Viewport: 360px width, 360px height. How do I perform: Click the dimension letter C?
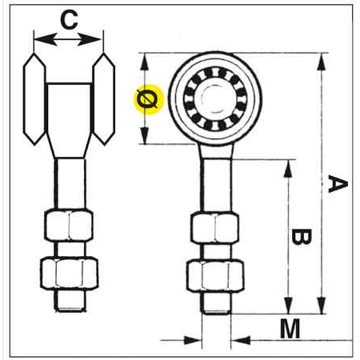(x=69, y=20)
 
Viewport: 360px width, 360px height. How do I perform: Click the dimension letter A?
(x=338, y=184)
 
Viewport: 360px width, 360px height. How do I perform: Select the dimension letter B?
(x=301, y=237)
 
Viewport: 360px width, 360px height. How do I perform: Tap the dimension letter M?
(x=290, y=329)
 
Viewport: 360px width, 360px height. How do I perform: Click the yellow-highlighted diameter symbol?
(x=148, y=99)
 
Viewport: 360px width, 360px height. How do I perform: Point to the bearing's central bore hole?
(x=215, y=99)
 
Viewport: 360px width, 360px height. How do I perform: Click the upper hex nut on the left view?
(x=69, y=226)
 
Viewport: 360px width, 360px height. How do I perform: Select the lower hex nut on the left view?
(x=69, y=273)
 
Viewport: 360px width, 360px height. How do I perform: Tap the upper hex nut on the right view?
(x=214, y=227)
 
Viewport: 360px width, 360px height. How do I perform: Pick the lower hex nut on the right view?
(x=215, y=276)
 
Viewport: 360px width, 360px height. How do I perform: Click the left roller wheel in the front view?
(x=34, y=99)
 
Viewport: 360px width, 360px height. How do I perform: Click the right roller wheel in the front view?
(x=104, y=99)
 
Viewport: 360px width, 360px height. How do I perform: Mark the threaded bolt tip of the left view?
(x=70, y=301)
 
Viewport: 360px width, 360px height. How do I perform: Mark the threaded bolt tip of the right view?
(x=215, y=303)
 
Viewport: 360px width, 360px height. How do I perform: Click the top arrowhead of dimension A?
(x=322, y=62)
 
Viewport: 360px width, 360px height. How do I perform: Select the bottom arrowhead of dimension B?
(x=288, y=306)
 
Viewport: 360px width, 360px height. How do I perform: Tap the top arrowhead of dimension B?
(x=288, y=169)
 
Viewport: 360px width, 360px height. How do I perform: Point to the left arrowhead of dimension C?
(x=46, y=40)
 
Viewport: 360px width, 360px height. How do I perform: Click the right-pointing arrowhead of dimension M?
(x=193, y=340)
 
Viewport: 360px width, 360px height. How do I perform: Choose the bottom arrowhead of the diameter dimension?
(x=145, y=135)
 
